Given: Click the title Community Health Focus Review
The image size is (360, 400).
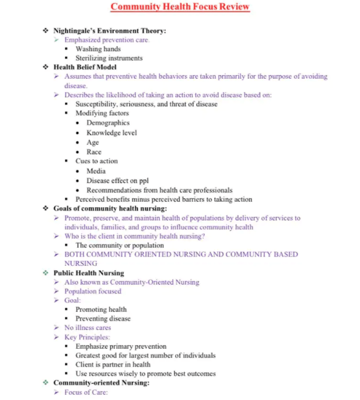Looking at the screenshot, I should (180, 7).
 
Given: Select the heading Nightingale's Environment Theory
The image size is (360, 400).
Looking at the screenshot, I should (110, 30).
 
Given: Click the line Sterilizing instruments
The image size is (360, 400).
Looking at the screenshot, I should (109, 58).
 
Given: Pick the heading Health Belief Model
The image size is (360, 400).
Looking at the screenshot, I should (85, 67).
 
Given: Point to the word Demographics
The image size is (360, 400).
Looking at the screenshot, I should (108, 123).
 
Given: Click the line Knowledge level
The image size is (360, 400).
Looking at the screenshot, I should (111, 133).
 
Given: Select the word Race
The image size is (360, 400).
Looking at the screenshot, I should (94, 152).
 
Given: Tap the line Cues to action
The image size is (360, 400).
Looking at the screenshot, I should (96, 161).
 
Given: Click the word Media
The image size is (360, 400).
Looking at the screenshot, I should (96, 171).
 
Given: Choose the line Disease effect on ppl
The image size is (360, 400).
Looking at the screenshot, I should (117, 180).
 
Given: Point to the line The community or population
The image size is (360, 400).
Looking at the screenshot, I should (120, 245).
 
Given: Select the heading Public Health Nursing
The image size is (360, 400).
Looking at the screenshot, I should (89, 272).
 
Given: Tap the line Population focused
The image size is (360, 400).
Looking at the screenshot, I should (93, 291).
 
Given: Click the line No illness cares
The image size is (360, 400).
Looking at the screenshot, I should (88, 328).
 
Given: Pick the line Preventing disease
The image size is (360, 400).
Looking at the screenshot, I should (103, 319).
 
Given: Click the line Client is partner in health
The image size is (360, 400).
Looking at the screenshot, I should (113, 364).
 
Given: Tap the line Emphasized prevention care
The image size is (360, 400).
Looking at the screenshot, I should (107, 40).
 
